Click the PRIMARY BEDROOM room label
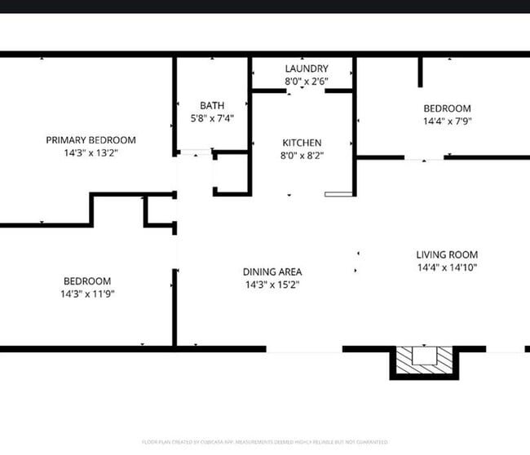pos(91,140)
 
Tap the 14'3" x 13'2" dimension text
pos(91,152)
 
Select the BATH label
pos(212,105)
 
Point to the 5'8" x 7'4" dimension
pos(212,118)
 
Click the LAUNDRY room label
pos(307,68)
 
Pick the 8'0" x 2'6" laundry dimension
pos(307,82)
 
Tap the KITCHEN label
pos(302,143)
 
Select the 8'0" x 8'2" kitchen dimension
pos(302,156)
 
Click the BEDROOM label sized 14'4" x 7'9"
pos(447,108)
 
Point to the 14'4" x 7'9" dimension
pos(447,121)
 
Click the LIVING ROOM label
pos(447,254)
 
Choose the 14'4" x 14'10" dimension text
pos(447,267)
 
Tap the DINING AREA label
pos(272,272)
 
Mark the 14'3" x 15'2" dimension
pos(272,285)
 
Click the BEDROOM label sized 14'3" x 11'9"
pos(86,281)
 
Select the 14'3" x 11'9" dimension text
pos(86,294)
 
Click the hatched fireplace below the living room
pos(425,359)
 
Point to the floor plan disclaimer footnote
pos(265,442)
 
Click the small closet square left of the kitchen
pos(232,172)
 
